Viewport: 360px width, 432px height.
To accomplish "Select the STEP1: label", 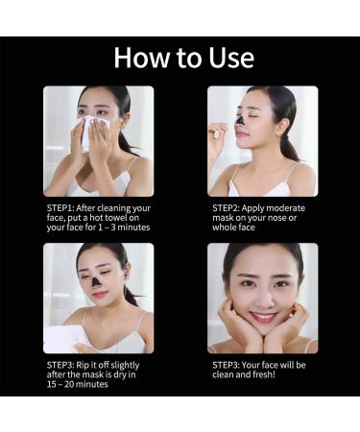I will (x=62, y=207).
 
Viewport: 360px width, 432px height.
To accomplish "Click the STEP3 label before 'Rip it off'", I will (x=62, y=366).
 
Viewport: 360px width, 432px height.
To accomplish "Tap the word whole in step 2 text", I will (x=227, y=229).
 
